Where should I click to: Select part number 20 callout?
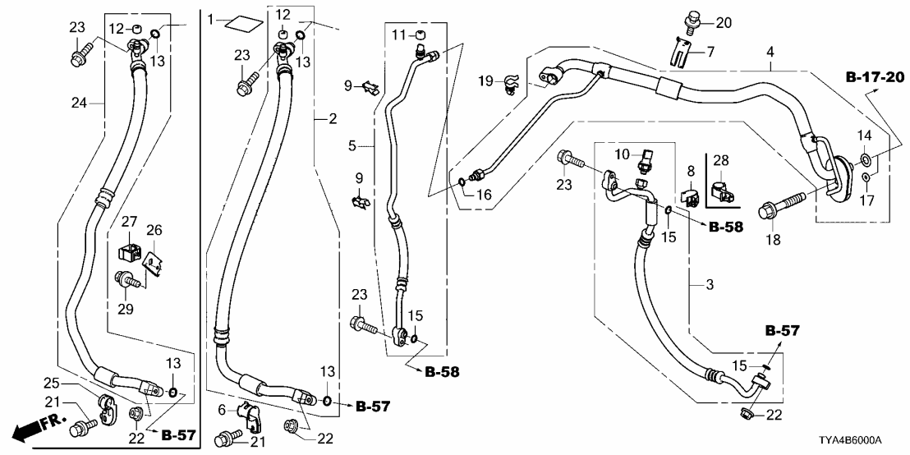722,21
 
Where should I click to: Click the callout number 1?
211,18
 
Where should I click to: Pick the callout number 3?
709,285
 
